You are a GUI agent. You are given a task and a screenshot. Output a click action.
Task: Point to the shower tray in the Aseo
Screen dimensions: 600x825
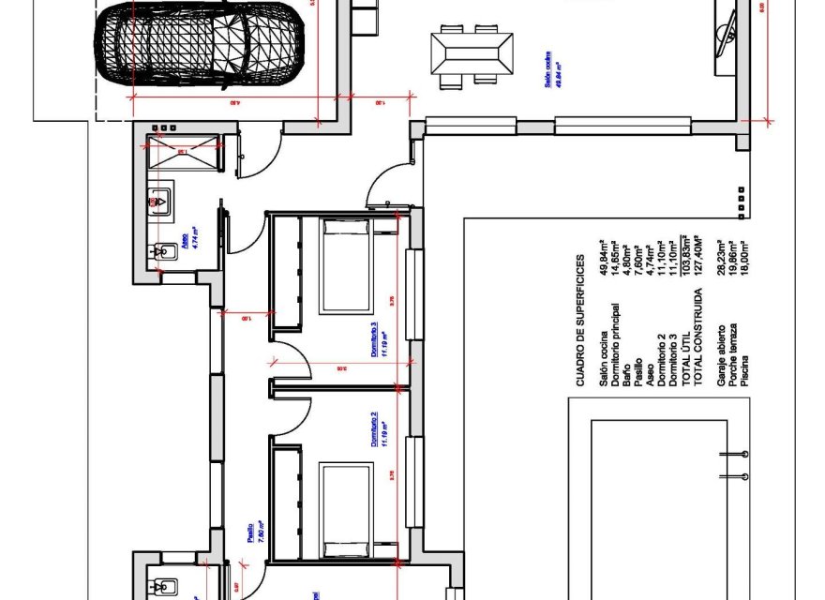tap(183, 152)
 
